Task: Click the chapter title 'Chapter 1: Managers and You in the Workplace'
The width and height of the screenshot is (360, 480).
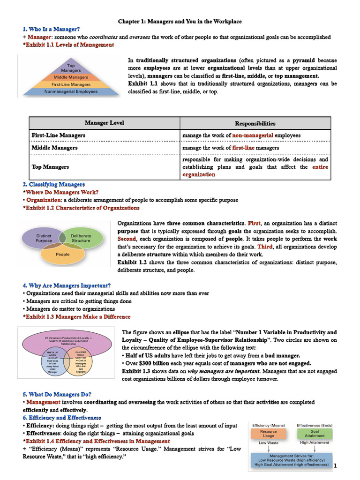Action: pos(180,22)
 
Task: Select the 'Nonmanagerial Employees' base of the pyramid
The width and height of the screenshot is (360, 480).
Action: pos(71,92)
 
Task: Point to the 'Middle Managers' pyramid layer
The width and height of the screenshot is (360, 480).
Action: pos(71,77)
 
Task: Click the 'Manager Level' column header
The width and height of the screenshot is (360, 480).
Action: pos(105,123)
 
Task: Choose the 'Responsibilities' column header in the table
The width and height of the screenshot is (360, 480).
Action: pos(255,124)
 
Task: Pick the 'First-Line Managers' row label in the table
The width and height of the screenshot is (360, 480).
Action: pos(59,135)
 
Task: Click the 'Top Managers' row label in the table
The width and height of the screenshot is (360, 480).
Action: pos(50,167)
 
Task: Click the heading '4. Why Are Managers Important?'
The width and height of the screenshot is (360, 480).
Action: pos(67,285)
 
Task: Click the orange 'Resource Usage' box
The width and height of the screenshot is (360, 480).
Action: pos(269,433)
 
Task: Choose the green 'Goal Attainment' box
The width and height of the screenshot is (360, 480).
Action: pos(315,433)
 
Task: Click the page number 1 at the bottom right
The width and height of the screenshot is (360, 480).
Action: pos(335,465)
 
